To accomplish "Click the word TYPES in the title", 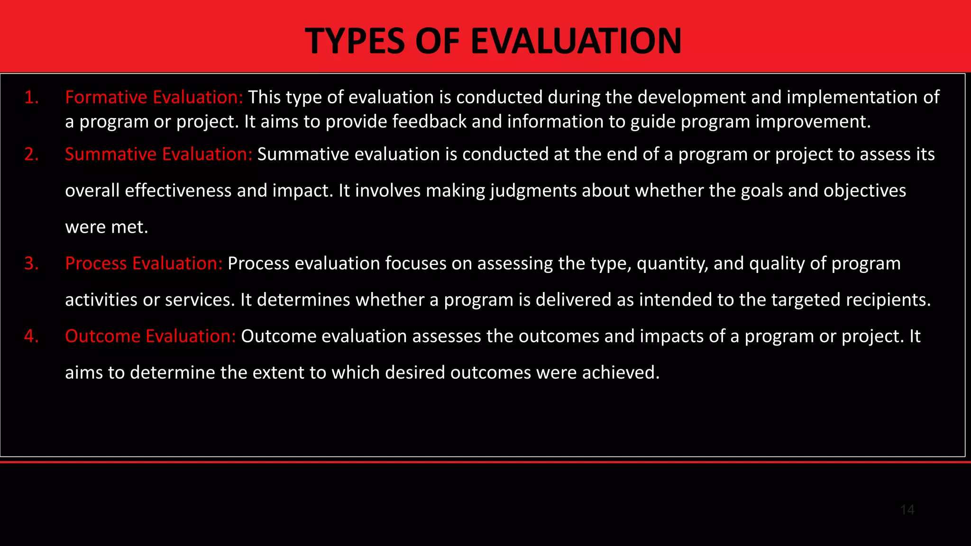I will pos(355,41).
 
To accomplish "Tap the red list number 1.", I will pos(31,97).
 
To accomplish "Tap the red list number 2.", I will pos(31,155).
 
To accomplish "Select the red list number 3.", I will pos(31,264).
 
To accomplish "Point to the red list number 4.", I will pos(31,336).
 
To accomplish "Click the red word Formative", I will pos(106,97).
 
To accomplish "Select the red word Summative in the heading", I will pos(110,155).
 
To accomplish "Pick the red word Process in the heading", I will pos(96,264).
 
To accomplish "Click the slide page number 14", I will pos(907,510).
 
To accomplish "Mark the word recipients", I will pos(888,300).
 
